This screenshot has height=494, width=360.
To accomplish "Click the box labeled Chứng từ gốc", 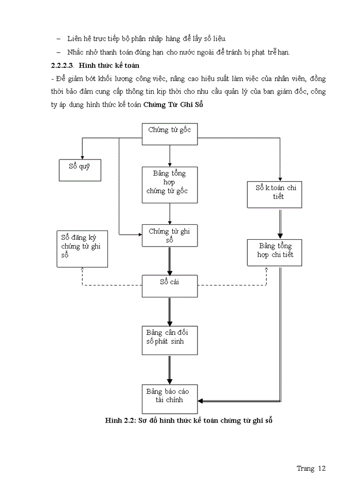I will point(170,131).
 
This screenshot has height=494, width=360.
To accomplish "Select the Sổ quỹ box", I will point(80,170).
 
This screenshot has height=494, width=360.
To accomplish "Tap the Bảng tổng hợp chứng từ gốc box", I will point(170,184).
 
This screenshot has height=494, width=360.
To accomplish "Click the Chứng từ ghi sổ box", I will point(170,237).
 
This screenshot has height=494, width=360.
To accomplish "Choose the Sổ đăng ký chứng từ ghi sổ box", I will point(82,249).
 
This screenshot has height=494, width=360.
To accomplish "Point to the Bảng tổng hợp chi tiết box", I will point(274,252).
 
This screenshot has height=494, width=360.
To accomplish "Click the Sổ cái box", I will point(170,286).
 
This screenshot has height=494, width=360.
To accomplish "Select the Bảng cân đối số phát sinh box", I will point(170,340).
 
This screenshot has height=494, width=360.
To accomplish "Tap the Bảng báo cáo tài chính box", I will point(170,398).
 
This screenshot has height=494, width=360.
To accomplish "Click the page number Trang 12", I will point(311,468).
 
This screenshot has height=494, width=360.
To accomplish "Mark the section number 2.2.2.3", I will point(62,66).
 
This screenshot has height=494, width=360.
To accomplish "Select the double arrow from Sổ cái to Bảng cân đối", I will point(170,311).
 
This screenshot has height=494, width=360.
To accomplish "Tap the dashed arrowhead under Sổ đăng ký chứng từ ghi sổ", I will point(82,270).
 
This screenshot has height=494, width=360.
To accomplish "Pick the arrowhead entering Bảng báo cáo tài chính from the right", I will point(201,400).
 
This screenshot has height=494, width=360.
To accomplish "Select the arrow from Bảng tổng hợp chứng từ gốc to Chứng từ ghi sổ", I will point(170,214).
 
